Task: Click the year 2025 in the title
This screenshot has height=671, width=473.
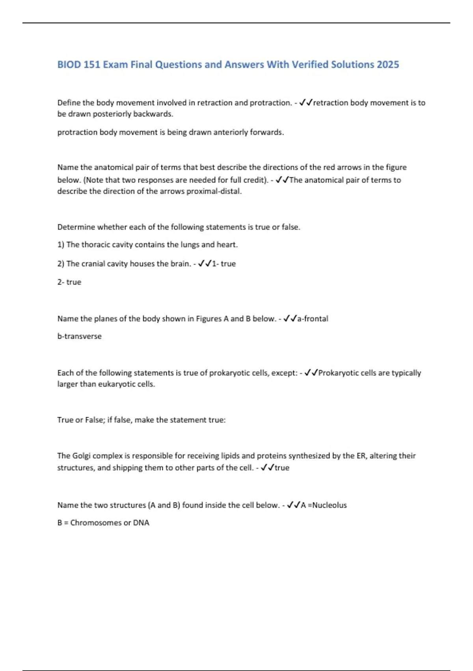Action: pos(388,65)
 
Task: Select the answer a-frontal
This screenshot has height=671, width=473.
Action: pos(313,319)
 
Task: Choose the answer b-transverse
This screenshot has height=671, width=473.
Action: pos(79,336)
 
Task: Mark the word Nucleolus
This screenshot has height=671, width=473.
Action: pos(330,505)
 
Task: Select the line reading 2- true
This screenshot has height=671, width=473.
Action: pos(69,282)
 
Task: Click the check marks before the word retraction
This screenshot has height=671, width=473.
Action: pos(306,103)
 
